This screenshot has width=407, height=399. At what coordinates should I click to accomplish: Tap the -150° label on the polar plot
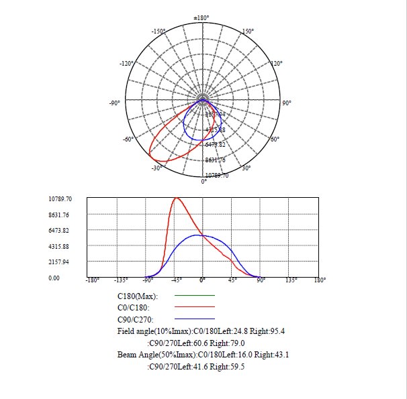pos(159,32)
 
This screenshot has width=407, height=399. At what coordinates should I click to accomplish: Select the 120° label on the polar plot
pos(275,63)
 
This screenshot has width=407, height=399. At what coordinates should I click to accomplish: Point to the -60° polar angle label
pos(127,139)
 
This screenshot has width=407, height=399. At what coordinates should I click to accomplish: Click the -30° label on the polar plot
pos(156,168)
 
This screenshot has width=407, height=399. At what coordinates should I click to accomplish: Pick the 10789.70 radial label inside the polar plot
pos(217,175)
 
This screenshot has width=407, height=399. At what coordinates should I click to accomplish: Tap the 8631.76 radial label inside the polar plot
pos(215,160)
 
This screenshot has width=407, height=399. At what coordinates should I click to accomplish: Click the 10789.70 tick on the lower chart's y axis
pos(60,199)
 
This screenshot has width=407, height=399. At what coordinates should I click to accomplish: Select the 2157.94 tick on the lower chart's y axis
pos(60,262)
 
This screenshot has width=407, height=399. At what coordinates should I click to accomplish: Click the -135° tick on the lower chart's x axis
pos(121,280)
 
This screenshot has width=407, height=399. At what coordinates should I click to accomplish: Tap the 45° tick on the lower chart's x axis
pos(232,280)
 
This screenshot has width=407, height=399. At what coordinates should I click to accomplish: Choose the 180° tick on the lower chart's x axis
pos(320,280)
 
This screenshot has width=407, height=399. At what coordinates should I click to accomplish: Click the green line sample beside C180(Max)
pos(194,295)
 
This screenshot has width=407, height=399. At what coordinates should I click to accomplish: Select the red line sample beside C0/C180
pos(194,307)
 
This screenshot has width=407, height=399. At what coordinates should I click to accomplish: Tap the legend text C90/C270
pos(136,319)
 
